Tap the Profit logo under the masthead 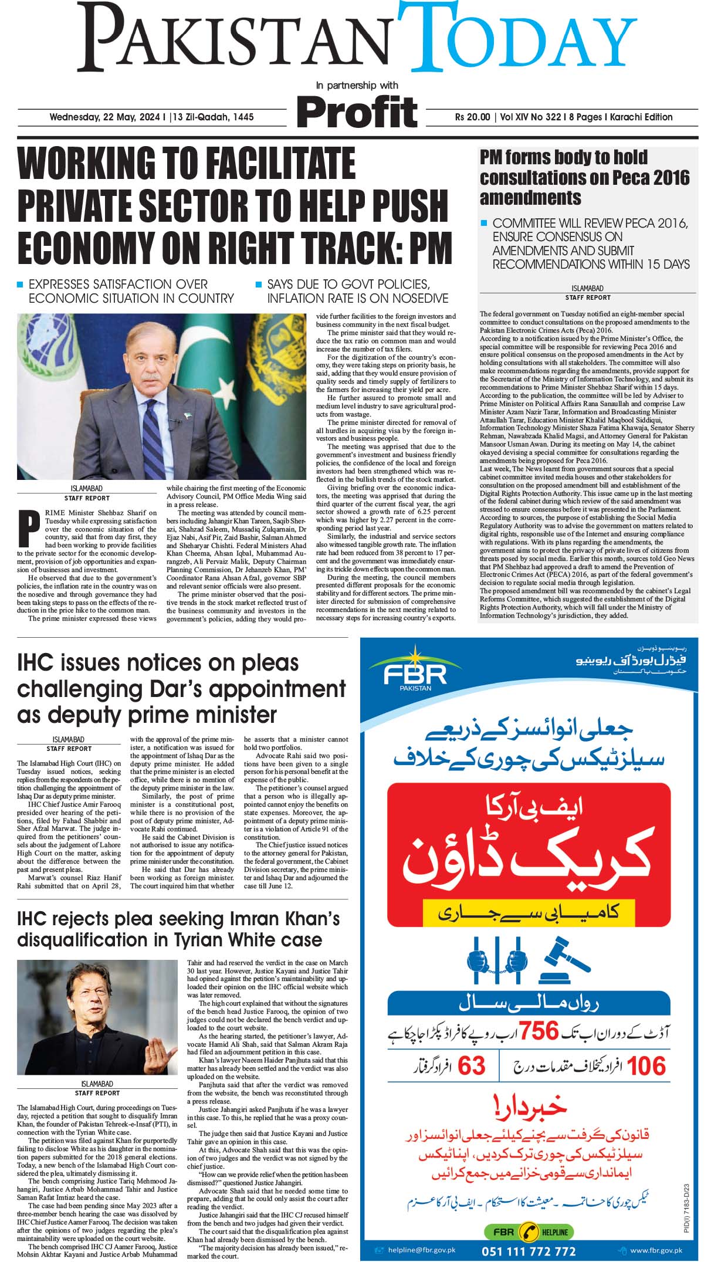pyautogui.click(x=357, y=111)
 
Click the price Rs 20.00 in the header pyautogui.click(x=472, y=117)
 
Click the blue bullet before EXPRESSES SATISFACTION pyautogui.click(x=21, y=285)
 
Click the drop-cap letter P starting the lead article pyautogui.click(x=29, y=528)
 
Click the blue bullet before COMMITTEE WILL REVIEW pyautogui.click(x=484, y=223)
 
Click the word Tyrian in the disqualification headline pyautogui.click(x=194, y=940)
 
